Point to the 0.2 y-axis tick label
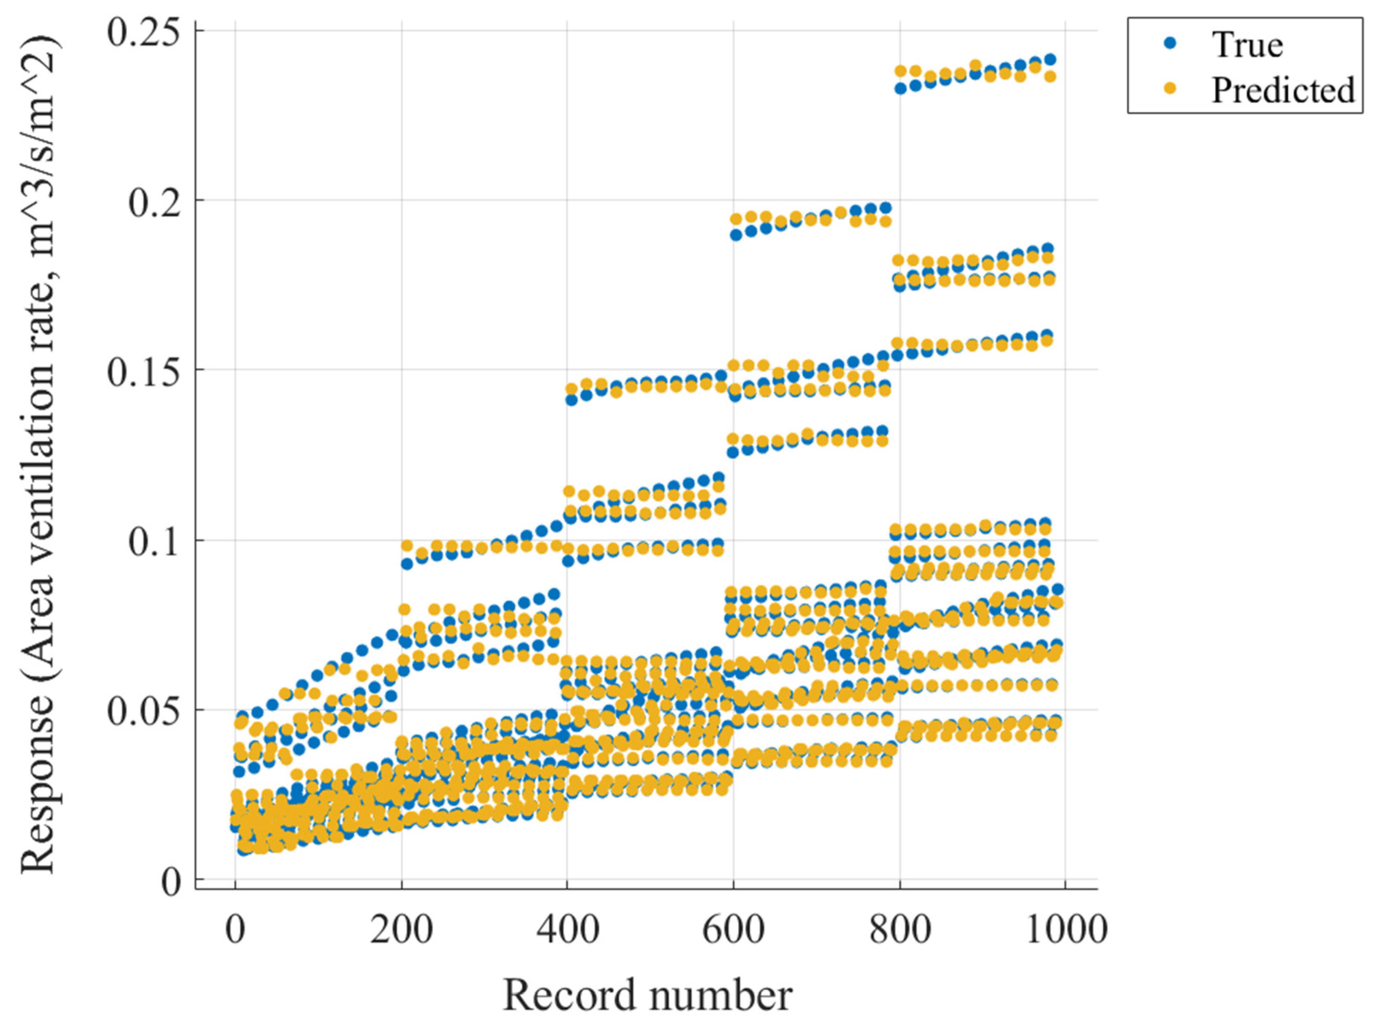pyautogui.click(x=157, y=202)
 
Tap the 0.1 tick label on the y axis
pyautogui.click(x=157, y=542)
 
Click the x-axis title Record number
pyautogui.click(x=647, y=995)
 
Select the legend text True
pyautogui.click(x=1247, y=45)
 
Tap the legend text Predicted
pyautogui.click(x=1283, y=90)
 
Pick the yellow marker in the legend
pyautogui.click(x=1170, y=90)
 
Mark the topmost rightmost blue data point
pyautogui.click(x=1050, y=60)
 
